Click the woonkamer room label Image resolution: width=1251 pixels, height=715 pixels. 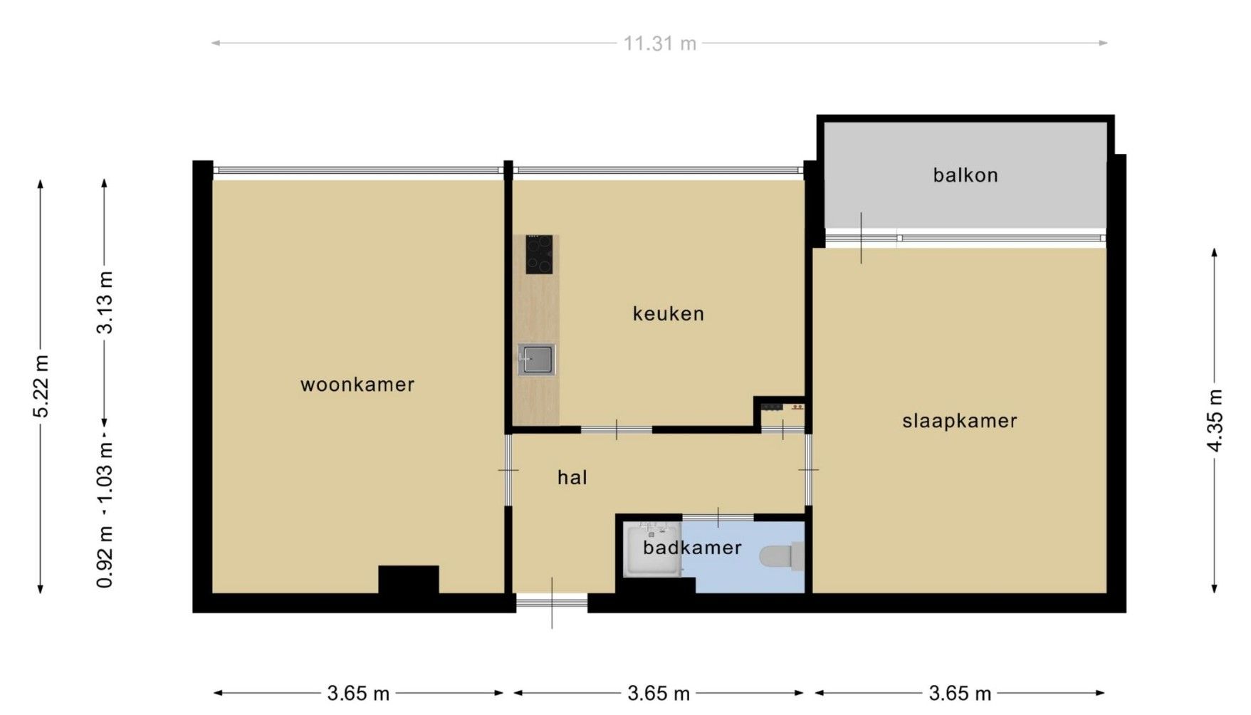coord(357,385)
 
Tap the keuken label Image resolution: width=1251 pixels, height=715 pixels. coord(669,314)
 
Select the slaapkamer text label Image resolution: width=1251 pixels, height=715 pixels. coord(960,422)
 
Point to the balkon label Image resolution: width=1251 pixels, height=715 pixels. coord(965,175)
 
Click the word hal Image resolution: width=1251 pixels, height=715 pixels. coord(572,477)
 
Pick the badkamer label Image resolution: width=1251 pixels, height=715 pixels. coord(692,548)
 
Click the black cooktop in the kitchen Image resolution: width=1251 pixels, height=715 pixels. coord(539,254)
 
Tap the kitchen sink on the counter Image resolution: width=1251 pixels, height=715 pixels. coord(536,360)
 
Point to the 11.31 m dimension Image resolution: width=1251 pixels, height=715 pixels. coord(660,44)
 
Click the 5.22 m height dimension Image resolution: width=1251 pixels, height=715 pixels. coord(42,387)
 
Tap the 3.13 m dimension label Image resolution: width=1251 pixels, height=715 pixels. coord(105,303)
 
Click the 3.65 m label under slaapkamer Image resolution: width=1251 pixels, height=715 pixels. coord(960,693)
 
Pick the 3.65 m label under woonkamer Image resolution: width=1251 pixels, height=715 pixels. coord(358,693)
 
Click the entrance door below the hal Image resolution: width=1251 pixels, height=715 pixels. coord(552,603)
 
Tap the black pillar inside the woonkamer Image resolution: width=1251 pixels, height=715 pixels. coord(409,580)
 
